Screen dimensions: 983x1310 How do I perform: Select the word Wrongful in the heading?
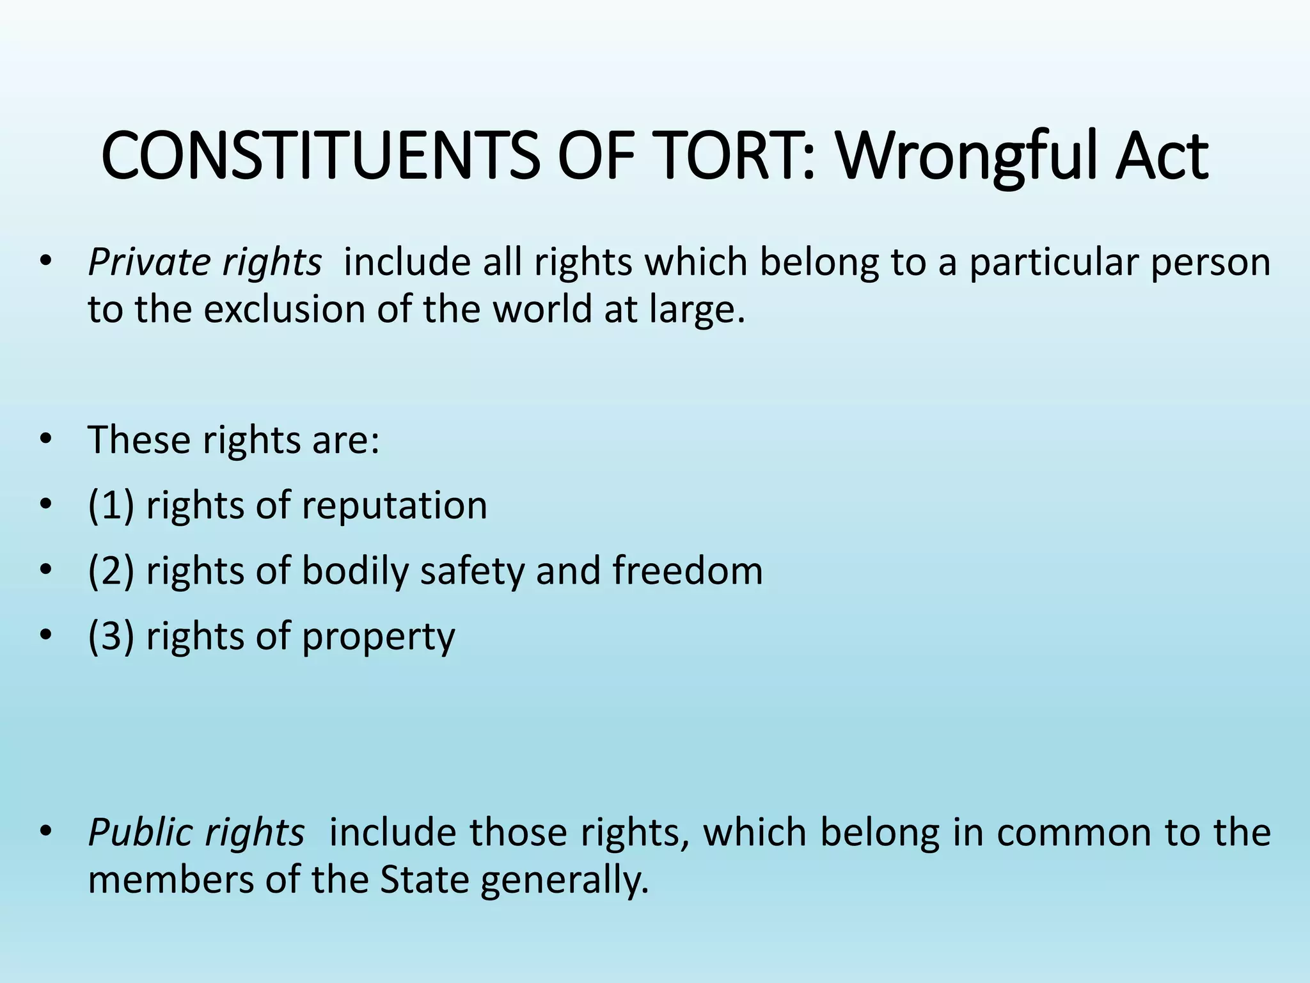pyautogui.click(x=966, y=156)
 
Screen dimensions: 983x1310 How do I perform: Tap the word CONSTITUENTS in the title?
pyautogui.click(x=320, y=156)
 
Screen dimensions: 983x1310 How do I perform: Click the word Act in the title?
pyautogui.click(x=1161, y=156)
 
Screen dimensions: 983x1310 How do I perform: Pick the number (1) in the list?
pyautogui.click(x=111, y=506)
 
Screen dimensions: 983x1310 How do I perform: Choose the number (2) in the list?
pyautogui.click(x=111, y=571)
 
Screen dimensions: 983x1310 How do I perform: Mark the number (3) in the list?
pyautogui.click(x=111, y=637)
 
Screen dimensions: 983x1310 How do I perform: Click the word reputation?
pyautogui.click(x=394, y=506)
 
